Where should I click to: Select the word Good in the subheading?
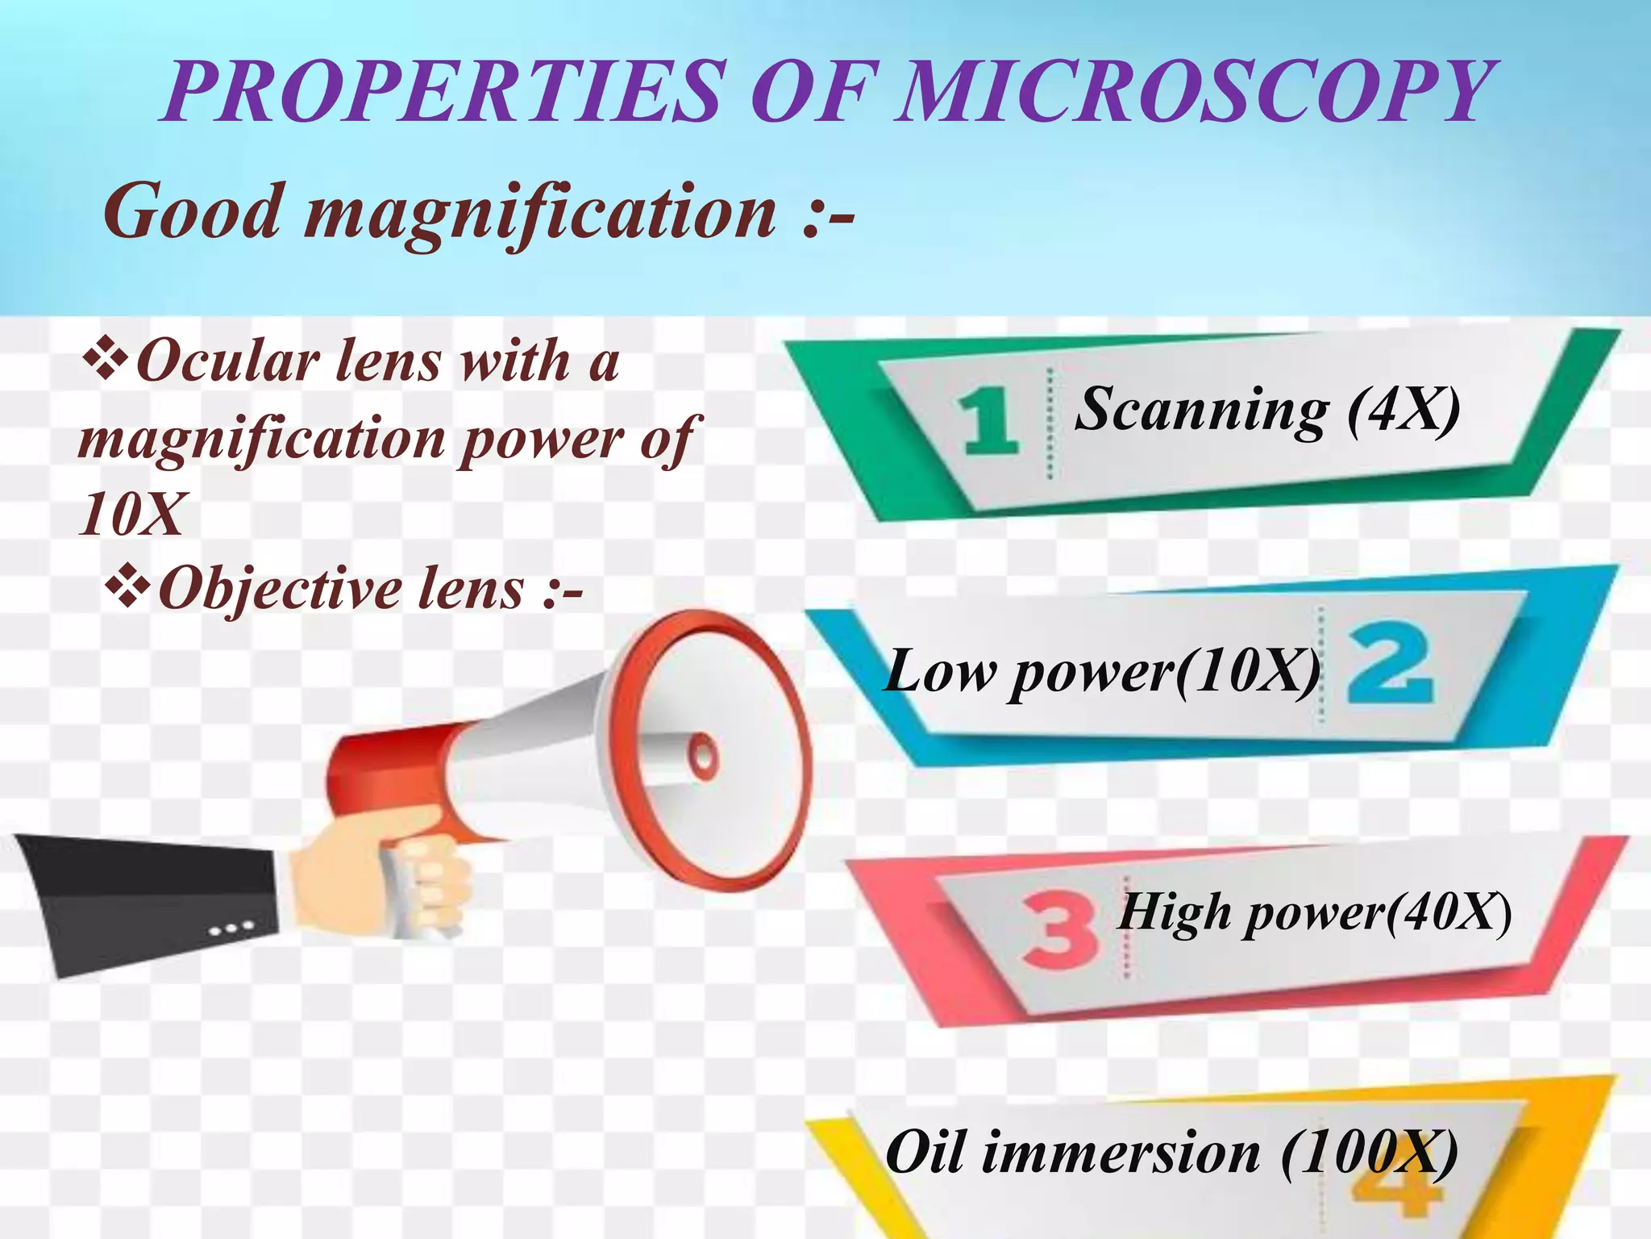point(193,211)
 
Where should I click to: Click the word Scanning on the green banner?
point(1201,410)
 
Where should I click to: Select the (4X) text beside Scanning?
point(1404,410)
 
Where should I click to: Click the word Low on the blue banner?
point(940,671)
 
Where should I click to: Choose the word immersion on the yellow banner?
point(1121,1152)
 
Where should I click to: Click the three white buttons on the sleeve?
point(231,928)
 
